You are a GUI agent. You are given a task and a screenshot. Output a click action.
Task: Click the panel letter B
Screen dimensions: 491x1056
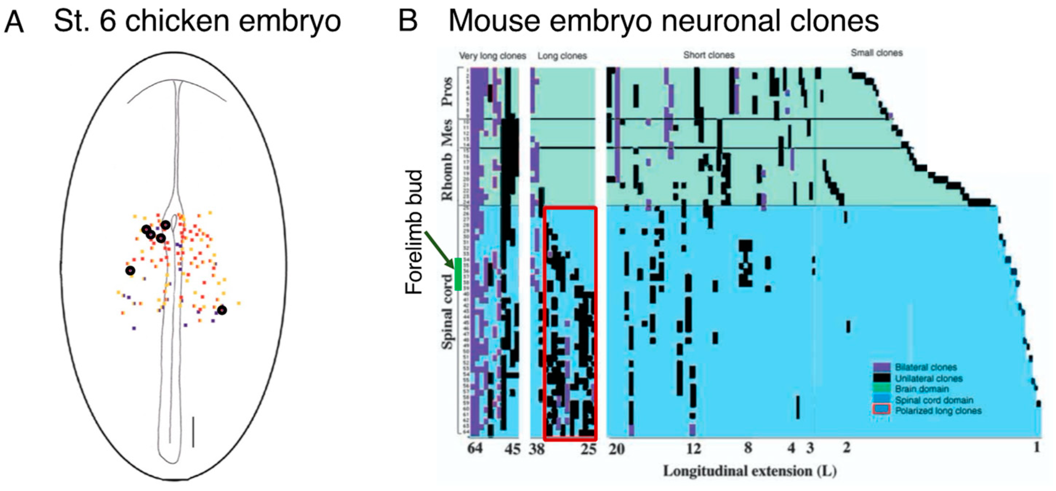point(408,21)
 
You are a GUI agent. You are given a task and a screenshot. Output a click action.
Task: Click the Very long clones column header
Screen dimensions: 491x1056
point(492,56)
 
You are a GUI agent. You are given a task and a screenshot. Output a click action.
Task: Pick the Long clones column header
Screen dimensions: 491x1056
point(562,56)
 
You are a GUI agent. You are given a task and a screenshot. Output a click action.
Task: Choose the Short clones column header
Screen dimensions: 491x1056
point(709,55)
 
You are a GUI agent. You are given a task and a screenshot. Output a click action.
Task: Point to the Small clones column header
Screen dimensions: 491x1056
point(876,53)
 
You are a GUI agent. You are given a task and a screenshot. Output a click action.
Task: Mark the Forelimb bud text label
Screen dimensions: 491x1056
point(414,232)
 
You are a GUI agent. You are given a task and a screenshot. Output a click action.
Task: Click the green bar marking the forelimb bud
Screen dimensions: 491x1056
point(458,274)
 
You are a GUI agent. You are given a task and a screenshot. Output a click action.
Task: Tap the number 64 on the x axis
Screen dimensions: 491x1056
point(475,448)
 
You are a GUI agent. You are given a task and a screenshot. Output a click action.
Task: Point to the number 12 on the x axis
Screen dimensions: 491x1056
point(693,449)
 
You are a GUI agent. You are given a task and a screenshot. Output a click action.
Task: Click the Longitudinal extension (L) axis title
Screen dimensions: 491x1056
point(750,471)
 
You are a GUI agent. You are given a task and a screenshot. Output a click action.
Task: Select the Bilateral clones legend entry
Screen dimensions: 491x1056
point(926,367)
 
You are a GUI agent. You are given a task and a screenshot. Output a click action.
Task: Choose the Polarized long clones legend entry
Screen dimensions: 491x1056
point(938,411)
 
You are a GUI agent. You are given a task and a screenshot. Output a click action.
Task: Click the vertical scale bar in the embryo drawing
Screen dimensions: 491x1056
point(193,431)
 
